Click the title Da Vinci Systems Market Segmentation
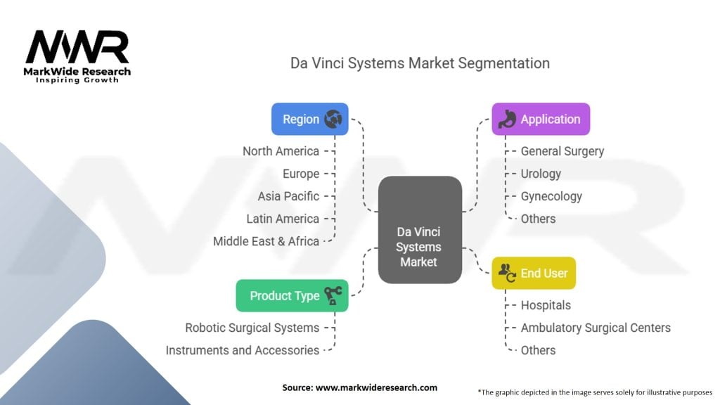point(420,63)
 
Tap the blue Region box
point(309,119)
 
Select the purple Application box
point(540,119)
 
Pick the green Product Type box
point(291,296)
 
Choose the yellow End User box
point(533,273)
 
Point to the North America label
point(281,151)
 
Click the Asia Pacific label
point(288,196)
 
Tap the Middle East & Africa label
point(266,241)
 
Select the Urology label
point(541,174)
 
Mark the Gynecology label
point(551,196)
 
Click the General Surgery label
point(562,151)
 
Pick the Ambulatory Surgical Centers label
point(596,328)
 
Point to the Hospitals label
point(546,305)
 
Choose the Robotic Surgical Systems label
point(252,328)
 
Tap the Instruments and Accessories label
point(242,350)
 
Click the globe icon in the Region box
point(333,119)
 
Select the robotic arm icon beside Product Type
point(333,296)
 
